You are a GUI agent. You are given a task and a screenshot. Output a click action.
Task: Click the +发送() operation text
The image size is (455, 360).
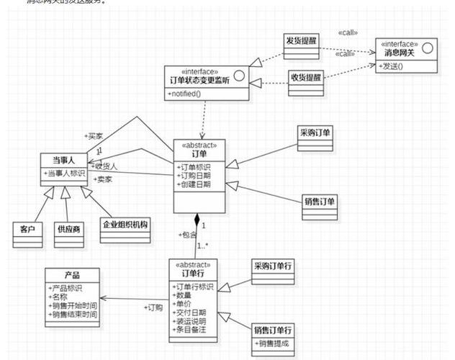[x=391, y=67]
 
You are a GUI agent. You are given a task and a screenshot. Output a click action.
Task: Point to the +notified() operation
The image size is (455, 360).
[x=186, y=94]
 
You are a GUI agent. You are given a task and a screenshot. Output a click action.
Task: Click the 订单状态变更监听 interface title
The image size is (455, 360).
[x=199, y=80]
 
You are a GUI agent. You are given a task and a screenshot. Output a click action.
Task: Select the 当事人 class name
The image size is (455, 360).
[x=64, y=160]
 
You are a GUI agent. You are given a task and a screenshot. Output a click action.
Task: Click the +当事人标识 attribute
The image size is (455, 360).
[x=65, y=174]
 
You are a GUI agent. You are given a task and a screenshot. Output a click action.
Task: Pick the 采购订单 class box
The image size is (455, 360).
[x=315, y=138]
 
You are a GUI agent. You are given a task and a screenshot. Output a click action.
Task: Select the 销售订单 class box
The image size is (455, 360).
[x=320, y=204]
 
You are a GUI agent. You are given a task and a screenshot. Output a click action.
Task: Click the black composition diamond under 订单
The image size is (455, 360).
[x=196, y=220]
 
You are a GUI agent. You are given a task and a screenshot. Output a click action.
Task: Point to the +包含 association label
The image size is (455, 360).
[x=186, y=235]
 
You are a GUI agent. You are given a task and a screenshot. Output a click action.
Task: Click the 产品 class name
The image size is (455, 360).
[x=72, y=275]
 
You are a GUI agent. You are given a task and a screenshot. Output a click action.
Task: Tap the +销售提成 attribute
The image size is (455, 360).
[x=273, y=343]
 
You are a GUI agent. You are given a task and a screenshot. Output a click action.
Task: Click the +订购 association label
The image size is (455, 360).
[x=153, y=307]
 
